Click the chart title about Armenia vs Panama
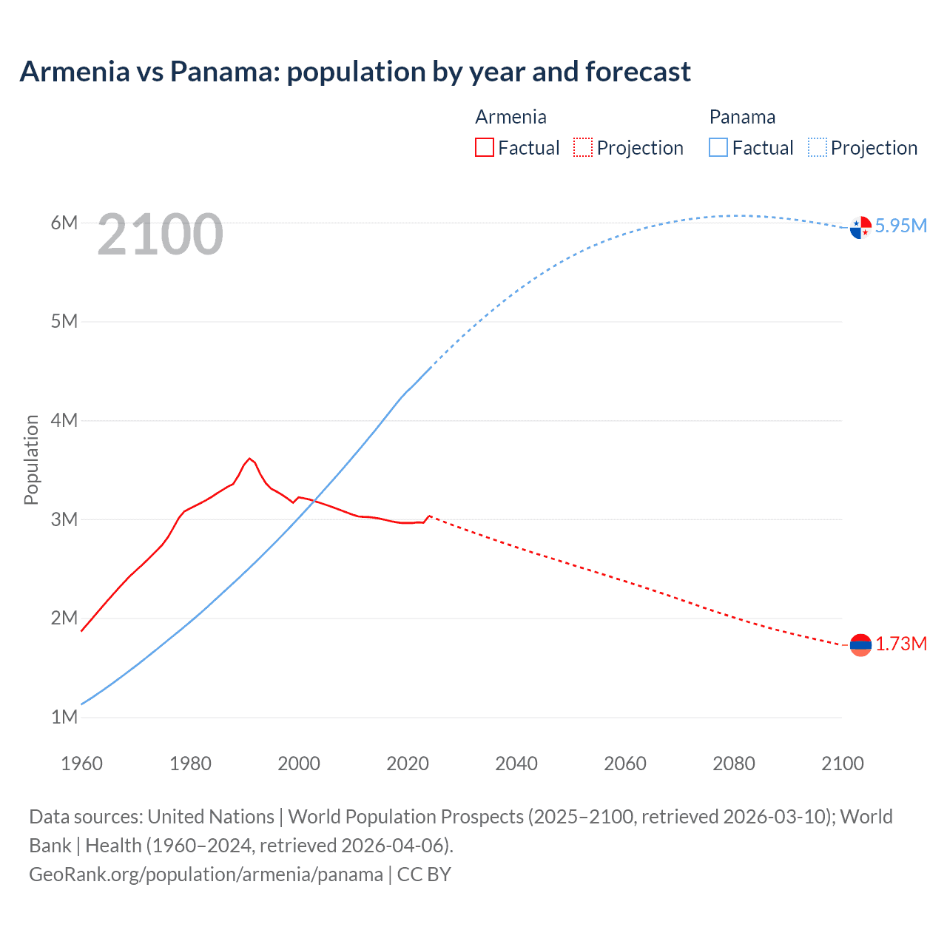tap(355, 72)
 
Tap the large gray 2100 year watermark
tap(160, 235)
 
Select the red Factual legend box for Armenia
tap(484, 148)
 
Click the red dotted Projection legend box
tap(583, 148)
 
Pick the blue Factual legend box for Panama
tap(718, 148)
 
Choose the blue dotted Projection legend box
tap(818, 148)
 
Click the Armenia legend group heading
tap(510, 117)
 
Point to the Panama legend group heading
tap(742, 117)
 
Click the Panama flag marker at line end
tap(860, 227)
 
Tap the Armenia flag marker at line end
tap(860, 645)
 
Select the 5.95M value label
tap(901, 226)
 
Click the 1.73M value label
tap(901, 644)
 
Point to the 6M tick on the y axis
tap(64, 223)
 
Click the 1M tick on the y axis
tap(64, 717)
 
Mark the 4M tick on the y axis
tap(64, 420)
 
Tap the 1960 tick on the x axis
tap(81, 764)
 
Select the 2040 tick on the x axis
tap(516, 764)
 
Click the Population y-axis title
tap(31, 459)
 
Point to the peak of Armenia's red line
tap(250, 459)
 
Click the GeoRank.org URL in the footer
tap(206, 874)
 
